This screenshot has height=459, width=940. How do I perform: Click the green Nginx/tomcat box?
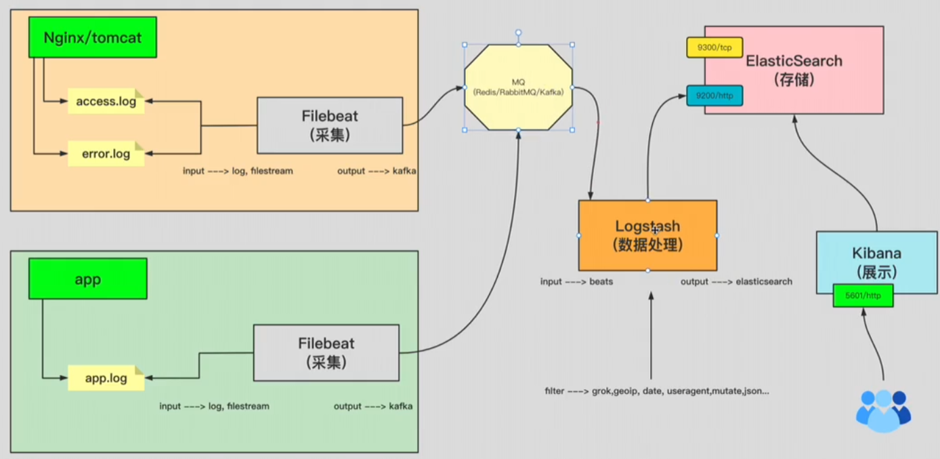click(x=93, y=37)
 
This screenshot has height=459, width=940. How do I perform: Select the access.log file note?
click(x=106, y=102)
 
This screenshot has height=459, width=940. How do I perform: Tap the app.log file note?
click(x=106, y=378)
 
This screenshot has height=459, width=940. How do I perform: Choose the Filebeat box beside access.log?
click(x=330, y=125)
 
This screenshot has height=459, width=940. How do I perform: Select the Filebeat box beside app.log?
click(x=326, y=353)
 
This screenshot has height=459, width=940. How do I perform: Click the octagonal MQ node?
click(x=518, y=87)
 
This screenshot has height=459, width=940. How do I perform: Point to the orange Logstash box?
click(x=647, y=235)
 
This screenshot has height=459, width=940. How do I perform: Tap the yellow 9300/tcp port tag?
click(x=714, y=47)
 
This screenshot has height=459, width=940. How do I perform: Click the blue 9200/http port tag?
click(x=714, y=96)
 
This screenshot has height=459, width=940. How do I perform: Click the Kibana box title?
click(x=876, y=254)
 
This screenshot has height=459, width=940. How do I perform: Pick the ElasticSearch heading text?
click(x=794, y=61)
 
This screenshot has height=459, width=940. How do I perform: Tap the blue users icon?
click(x=883, y=411)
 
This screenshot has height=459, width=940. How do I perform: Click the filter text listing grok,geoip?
click(x=656, y=391)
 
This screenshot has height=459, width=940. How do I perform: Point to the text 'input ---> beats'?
click(x=576, y=281)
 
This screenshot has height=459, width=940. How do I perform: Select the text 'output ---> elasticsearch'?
click(x=736, y=281)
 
